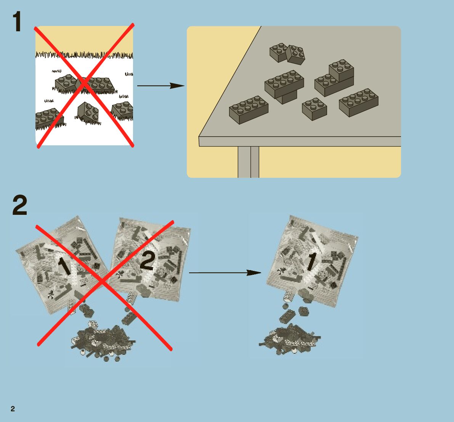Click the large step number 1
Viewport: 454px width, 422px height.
click(x=17, y=22)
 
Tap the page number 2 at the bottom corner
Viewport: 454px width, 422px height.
click(x=13, y=409)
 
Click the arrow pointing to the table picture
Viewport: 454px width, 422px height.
click(x=160, y=86)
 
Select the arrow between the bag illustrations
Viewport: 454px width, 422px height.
click(x=225, y=273)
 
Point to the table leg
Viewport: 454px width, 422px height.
click(x=248, y=162)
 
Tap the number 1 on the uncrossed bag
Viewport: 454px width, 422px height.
click(x=311, y=262)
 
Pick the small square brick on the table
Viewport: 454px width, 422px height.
click(x=314, y=109)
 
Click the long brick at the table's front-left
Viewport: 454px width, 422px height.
click(x=249, y=110)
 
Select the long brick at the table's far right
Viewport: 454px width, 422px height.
click(x=359, y=102)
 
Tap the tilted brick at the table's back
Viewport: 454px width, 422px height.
click(x=296, y=55)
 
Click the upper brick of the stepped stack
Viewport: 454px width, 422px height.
click(x=342, y=70)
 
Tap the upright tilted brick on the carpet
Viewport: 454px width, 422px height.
click(x=88, y=112)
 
